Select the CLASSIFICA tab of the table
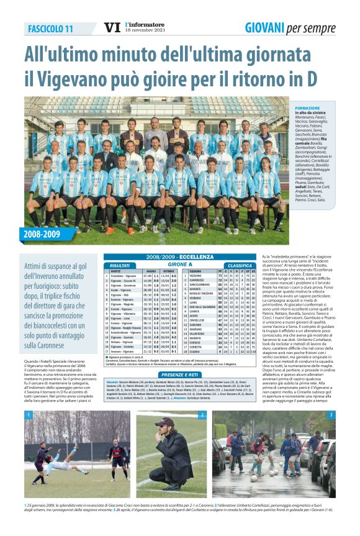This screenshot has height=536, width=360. [239, 265]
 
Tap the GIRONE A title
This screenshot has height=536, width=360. [180, 265]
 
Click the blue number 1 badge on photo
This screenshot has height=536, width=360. [29, 415]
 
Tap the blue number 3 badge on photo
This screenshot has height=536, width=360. [331, 415]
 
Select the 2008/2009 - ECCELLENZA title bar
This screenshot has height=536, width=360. [180, 257]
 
